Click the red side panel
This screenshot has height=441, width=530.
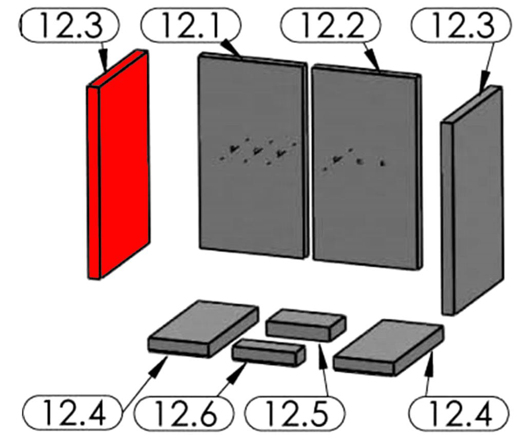(x=118, y=165)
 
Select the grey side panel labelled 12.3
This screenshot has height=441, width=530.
(x=472, y=200)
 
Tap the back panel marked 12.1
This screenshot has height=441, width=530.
(x=253, y=156)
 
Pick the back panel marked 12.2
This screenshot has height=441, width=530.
(x=367, y=167)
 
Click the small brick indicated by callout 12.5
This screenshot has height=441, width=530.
(x=306, y=324)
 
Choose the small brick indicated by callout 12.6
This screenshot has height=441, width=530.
(x=269, y=353)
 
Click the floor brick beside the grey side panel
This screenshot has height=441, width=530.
(x=388, y=348)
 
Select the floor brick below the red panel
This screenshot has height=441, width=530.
(x=203, y=329)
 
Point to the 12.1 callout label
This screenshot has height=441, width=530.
(x=191, y=25)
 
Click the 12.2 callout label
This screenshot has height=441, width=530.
(x=331, y=25)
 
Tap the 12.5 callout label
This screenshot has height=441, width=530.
(x=295, y=413)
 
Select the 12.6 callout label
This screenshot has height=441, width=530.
(x=184, y=413)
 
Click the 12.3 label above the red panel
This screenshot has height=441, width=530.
(x=70, y=25)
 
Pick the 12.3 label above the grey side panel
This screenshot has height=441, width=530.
(x=461, y=25)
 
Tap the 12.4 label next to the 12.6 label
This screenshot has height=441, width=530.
(x=72, y=413)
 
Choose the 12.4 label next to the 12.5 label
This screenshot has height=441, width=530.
(x=459, y=413)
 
